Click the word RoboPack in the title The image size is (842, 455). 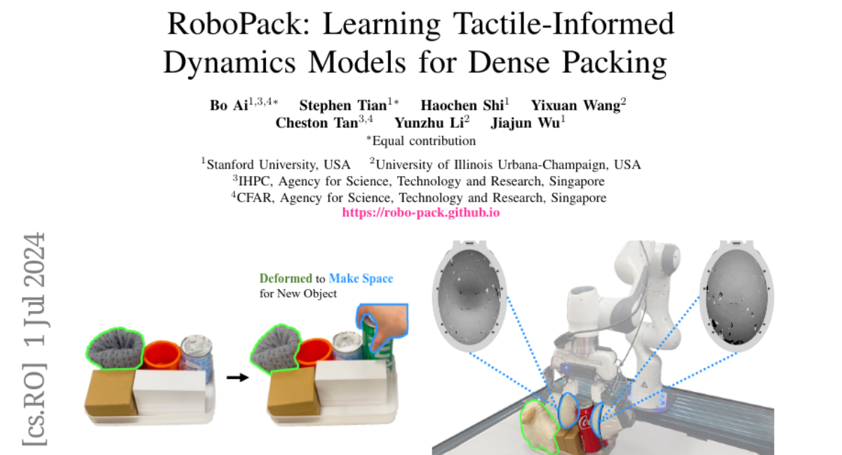pyautogui.click(x=239, y=24)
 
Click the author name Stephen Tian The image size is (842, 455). pyautogui.click(x=343, y=105)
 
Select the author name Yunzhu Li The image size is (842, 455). pyautogui.click(x=429, y=123)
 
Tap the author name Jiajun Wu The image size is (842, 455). pyautogui.click(x=525, y=123)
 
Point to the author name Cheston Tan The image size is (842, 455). pyautogui.click(x=316, y=123)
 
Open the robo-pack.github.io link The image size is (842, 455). pyautogui.click(x=421, y=213)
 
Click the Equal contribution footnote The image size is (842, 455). pyautogui.click(x=424, y=140)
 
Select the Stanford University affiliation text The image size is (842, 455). pyautogui.click(x=279, y=165)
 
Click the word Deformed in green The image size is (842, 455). pyautogui.click(x=286, y=278)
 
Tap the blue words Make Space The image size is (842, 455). pyautogui.click(x=361, y=278)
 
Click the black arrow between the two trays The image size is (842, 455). pyautogui.click(x=238, y=377)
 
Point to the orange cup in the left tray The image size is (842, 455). pyautogui.click(x=161, y=355)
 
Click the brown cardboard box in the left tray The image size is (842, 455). pyautogui.click(x=109, y=393)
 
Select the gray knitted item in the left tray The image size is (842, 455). pyautogui.click(x=115, y=348)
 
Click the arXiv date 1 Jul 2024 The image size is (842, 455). pyautogui.click(x=34, y=290)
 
